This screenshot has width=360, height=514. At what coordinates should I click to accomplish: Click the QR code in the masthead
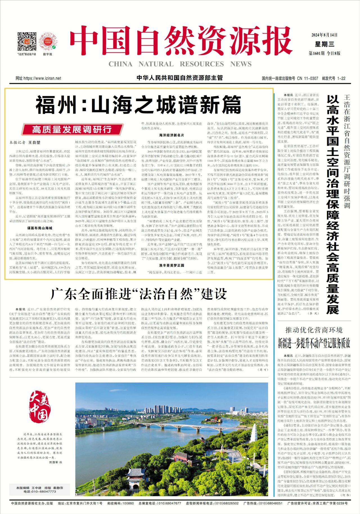(27, 42)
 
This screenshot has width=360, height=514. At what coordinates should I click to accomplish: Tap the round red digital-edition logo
(47, 41)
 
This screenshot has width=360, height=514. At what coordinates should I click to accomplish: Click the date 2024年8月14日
(324, 35)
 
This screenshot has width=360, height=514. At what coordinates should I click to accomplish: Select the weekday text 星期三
(325, 44)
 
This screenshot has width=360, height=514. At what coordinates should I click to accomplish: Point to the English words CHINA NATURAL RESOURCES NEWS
(180, 64)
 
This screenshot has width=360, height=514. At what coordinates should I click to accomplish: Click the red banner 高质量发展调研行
(72, 130)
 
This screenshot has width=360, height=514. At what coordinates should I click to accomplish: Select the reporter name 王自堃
(34, 142)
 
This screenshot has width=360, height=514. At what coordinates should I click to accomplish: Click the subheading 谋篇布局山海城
(40, 228)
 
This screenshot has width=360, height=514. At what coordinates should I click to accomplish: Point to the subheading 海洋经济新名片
(171, 135)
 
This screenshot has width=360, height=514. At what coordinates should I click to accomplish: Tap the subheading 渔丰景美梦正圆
(171, 265)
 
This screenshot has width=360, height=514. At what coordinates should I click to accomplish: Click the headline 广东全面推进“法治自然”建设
(138, 294)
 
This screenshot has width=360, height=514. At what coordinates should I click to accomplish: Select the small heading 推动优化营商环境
(314, 330)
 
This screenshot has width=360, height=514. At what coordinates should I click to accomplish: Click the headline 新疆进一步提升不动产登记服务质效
(314, 343)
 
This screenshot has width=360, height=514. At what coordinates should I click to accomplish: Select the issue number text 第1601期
(317, 53)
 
